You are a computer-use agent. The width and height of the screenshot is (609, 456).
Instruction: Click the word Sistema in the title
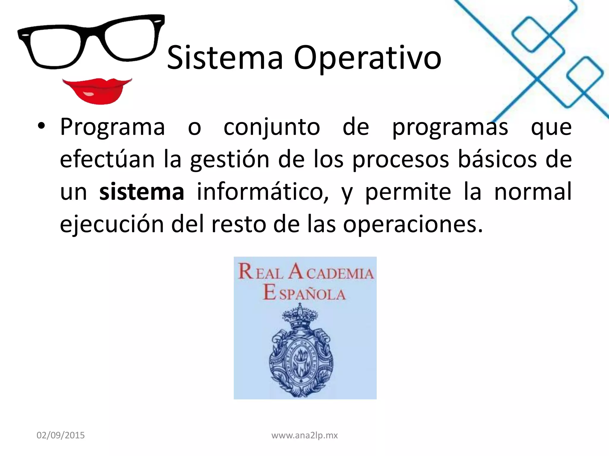225,58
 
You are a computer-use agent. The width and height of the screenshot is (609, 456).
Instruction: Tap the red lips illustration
97,90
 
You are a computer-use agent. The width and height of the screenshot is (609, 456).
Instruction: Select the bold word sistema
142,192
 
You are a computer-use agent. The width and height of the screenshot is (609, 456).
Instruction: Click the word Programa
112,127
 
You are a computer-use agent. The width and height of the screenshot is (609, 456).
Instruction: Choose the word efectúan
107,159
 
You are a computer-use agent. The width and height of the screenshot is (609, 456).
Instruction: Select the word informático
263,192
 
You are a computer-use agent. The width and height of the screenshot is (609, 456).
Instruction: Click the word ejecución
112,224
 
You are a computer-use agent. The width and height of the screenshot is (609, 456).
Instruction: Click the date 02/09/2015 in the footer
61,435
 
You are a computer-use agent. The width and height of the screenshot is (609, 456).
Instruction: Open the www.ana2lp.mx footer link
304,435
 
